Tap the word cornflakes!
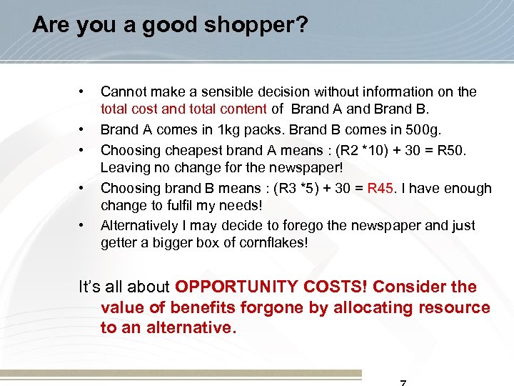[273, 243]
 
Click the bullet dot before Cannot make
[83, 91]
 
